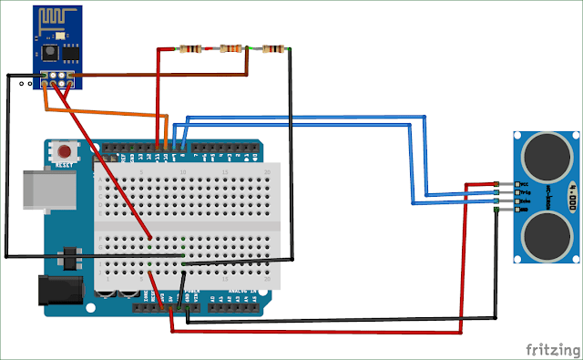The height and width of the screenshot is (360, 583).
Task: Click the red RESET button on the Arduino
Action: coord(65,150)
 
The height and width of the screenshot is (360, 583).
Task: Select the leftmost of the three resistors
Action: coord(191,48)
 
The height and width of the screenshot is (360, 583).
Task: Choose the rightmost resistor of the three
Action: coord(272,48)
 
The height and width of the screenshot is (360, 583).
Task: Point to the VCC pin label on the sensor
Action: coord(524,185)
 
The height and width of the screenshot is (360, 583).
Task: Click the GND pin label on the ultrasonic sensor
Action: coord(524,210)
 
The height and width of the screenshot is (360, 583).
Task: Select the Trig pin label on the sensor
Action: coord(524,193)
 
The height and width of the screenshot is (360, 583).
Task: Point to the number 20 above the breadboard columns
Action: coord(266,171)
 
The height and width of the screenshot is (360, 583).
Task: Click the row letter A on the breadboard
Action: coord(102,180)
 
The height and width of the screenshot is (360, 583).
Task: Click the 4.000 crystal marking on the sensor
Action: coord(572,194)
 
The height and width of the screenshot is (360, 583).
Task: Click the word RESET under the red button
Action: coord(65,165)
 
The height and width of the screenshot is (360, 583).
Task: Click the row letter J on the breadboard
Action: coord(102,271)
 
